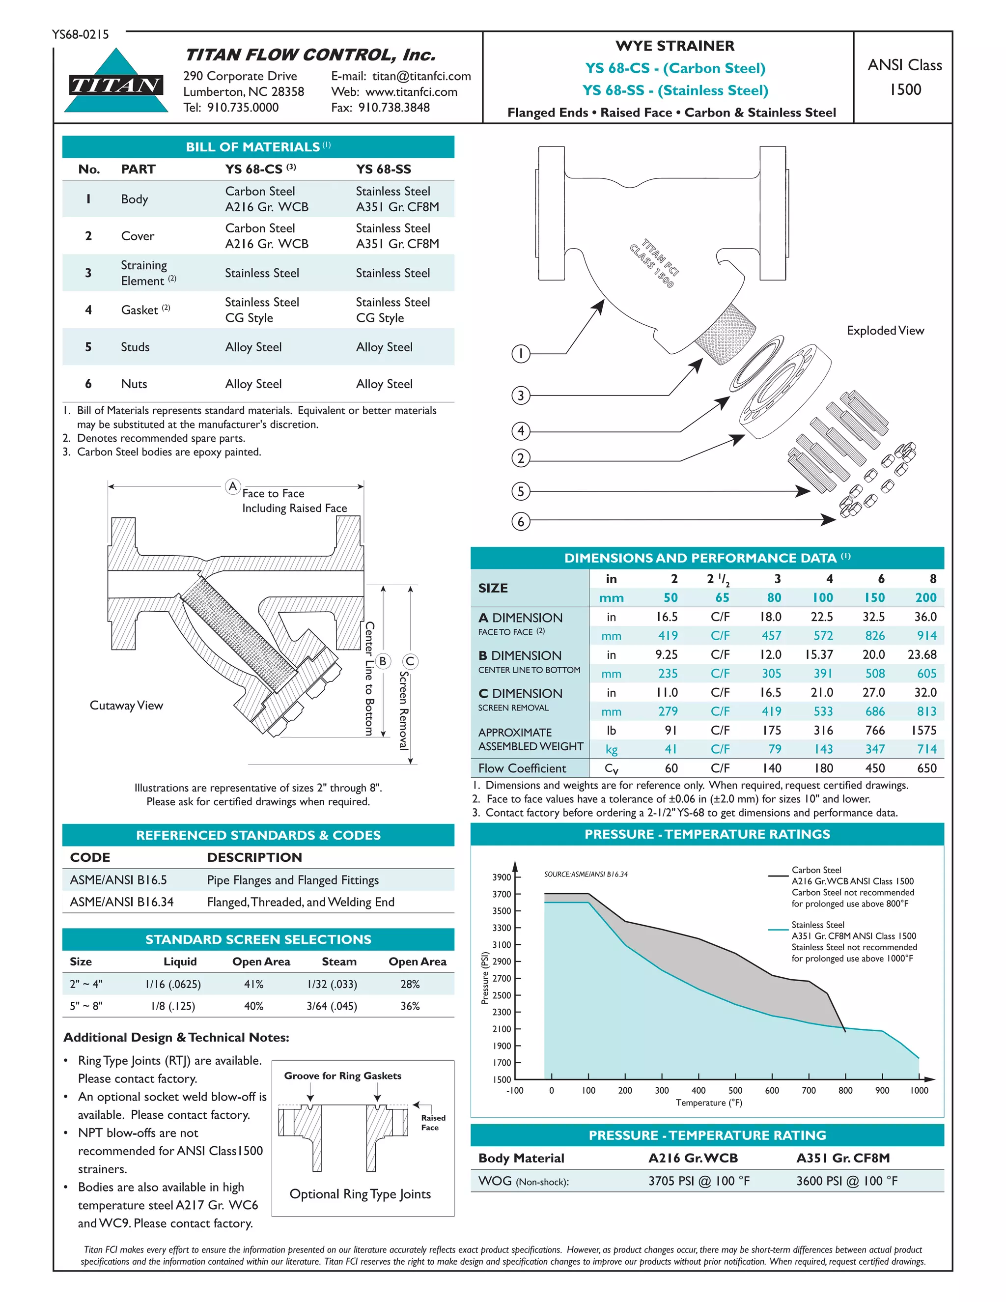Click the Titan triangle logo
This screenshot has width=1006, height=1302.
click(116, 82)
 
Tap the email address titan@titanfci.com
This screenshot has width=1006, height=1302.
click(421, 76)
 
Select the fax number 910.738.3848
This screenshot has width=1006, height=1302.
click(393, 107)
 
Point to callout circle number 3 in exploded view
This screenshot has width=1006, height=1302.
click(521, 395)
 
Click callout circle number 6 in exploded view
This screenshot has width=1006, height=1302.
click(521, 522)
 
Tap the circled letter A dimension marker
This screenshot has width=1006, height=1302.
click(233, 486)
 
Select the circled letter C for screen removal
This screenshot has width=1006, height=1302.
click(410, 661)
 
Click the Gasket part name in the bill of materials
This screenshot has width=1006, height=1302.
click(140, 310)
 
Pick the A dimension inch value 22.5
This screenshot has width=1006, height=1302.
click(822, 617)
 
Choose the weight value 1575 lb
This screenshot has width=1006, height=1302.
click(924, 730)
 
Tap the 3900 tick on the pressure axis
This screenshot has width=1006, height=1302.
click(502, 877)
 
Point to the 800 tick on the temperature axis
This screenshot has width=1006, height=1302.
click(845, 1090)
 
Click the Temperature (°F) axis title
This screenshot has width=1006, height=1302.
click(709, 1103)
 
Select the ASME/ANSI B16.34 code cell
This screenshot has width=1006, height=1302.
click(122, 902)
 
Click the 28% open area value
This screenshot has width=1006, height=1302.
click(410, 984)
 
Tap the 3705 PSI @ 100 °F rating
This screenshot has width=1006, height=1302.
click(699, 1181)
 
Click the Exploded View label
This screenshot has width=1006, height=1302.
click(885, 330)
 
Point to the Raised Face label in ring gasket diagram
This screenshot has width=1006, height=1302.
click(433, 1123)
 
